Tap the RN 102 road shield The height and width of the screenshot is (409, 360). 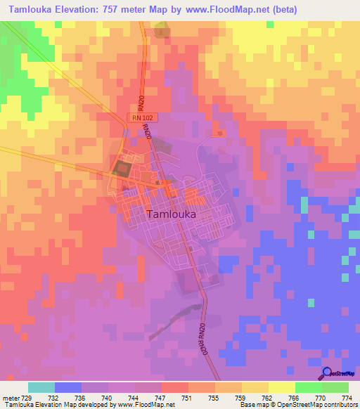(x=141, y=118)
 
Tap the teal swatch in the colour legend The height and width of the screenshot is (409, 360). (x=41, y=387)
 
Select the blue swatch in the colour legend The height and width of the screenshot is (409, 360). (x=68, y=387)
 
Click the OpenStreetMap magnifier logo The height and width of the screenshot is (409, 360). (x=327, y=372)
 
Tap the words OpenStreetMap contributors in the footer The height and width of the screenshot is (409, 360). (x=321, y=405)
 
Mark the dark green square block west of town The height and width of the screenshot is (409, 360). (x=122, y=169)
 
